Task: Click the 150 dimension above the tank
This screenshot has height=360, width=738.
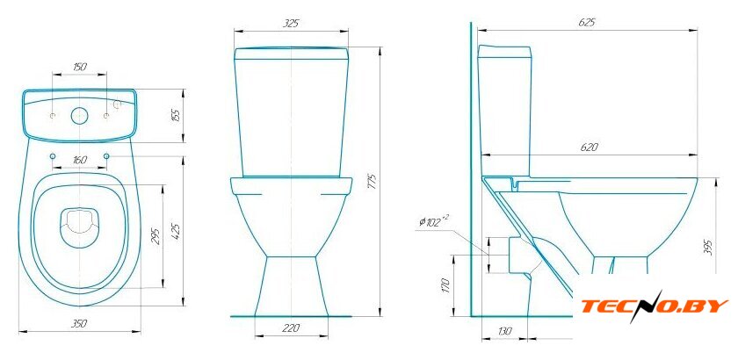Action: [80, 67]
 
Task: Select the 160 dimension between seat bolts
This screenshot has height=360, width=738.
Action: [80, 160]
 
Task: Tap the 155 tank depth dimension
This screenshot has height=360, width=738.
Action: [176, 115]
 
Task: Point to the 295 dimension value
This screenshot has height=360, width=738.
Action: [156, 236]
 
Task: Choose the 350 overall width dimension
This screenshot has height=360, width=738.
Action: [79, 323]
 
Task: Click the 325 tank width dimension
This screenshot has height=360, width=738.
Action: [291, 24]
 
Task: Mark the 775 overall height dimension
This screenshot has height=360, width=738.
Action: [372, 182]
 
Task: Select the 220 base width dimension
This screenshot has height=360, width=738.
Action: [292, 328]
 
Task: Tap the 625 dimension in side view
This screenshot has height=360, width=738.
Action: [587, 23]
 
